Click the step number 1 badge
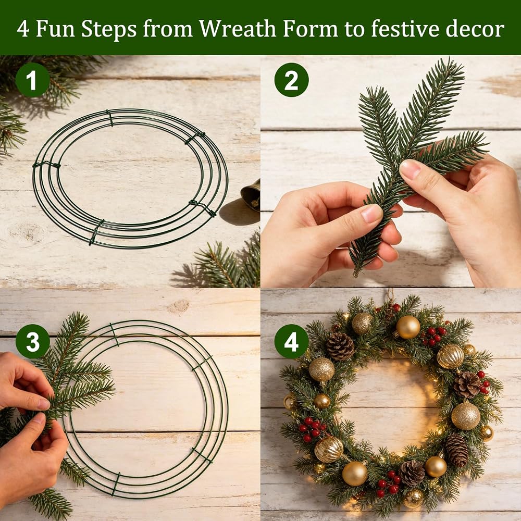[x=32, y=80]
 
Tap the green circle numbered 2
[x=291, y=80]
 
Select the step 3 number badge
[x=32, y=341]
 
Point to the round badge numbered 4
[x=291, y=341]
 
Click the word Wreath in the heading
[x=237, y=29]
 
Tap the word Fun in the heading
[x=55, y=29]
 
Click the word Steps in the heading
[x=109, y=29]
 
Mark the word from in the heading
[x=167, y=29]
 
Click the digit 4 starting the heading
[x=22, y=29]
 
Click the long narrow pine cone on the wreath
[x=456, y=450]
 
